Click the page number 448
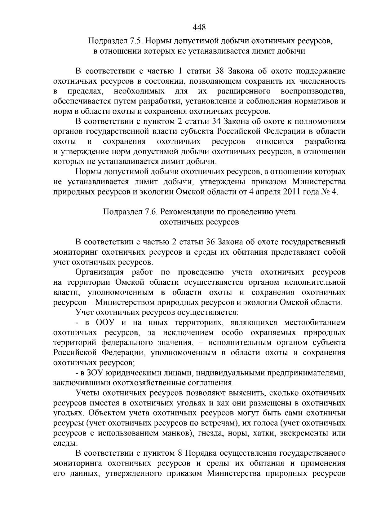pos(199,28)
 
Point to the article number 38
pos(220,71)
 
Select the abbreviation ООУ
pos(105,323)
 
